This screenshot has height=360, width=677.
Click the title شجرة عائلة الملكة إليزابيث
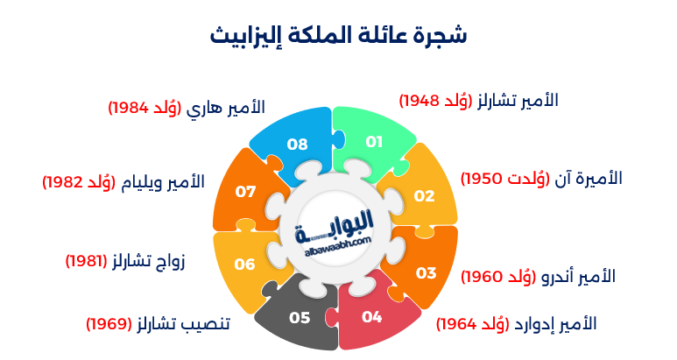[x=339, y=35]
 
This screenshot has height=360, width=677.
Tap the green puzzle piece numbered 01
[x=374, y=140]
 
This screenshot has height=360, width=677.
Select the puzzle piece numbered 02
[x=425, y=194]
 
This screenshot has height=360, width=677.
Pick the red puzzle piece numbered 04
[x=372, y=316]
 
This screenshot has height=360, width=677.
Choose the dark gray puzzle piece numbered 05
[x=300, y=316]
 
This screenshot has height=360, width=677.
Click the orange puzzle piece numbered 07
[x=244, y=190]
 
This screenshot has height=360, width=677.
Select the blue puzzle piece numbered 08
[x=297, y=143]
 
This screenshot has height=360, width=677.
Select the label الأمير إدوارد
[x=557, y=324]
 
